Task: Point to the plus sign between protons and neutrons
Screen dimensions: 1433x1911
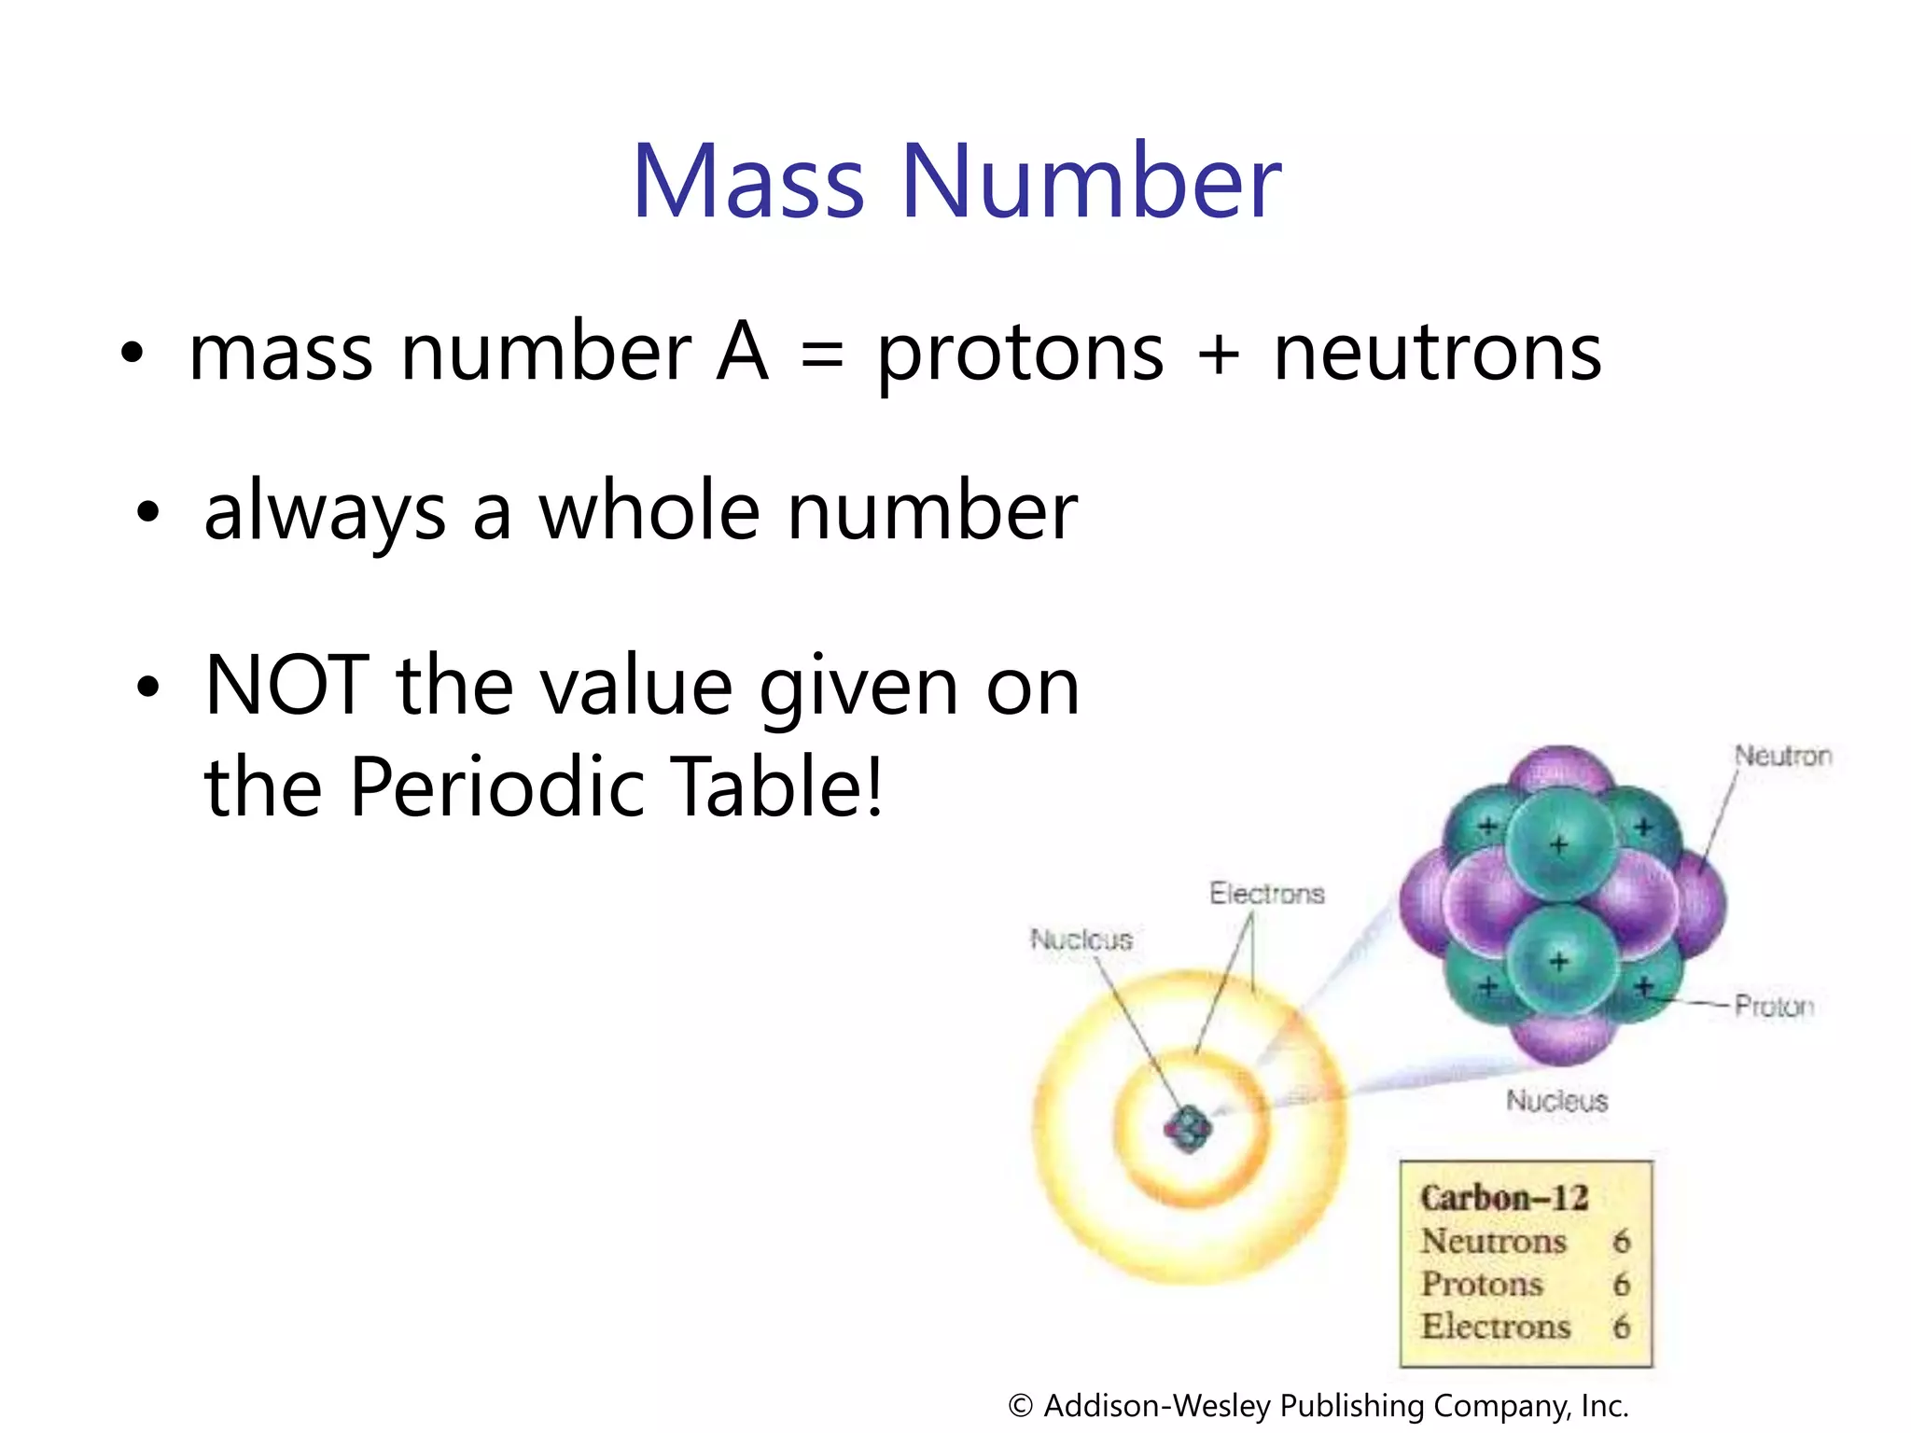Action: [x=1219, y=356]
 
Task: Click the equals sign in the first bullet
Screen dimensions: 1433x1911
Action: [x=822, y=356]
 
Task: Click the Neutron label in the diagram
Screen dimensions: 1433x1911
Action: [x=1782, y=756]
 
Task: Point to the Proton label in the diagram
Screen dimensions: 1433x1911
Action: [x=1774, y=1006]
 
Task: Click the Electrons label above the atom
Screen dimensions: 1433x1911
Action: [x=1266, y=894]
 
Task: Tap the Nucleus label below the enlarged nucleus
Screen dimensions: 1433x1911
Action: [x=1556, y=1101]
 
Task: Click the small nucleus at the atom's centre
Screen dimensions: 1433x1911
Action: [x=1188, y=1129]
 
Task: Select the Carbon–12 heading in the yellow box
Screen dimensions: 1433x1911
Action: [x=1503, y=1198]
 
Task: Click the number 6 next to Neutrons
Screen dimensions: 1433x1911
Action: [x=1622, y=1242]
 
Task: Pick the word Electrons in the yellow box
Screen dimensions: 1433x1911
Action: [x=1496, y=1326]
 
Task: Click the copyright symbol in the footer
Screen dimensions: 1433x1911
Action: [x=1021, y=1405]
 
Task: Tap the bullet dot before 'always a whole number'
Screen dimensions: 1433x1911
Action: [x=147, y=512]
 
